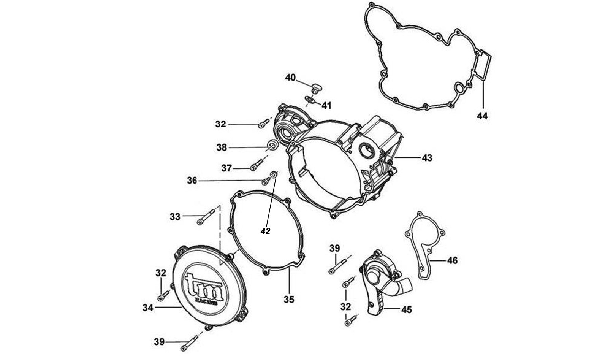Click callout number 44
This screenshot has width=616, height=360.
pos(482,116)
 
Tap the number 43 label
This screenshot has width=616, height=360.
pos(426,157)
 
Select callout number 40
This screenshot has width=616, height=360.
pos(290,78)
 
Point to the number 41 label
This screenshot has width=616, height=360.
pos(326,105)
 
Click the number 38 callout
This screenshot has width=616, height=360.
pos(222,147)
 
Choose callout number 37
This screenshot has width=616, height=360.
pos(226,168)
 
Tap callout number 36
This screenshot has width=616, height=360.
pos(192,181)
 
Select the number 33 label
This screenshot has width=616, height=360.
pos(175,217)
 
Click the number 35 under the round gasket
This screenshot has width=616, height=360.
pos(289,300)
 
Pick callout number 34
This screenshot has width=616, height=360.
pos(148,308)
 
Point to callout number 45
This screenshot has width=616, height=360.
pos(406,310)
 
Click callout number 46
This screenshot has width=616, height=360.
pos(452,260)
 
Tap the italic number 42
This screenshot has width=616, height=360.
pos(265,231)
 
